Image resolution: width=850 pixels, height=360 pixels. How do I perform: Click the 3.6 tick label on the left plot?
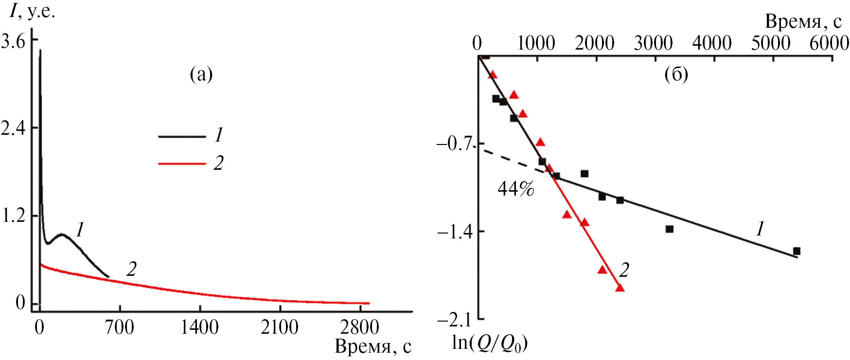pos(13,41)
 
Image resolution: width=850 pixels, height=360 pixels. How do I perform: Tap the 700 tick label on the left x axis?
pos(120,327)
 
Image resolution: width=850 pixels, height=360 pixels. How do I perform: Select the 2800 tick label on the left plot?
pos(360,327)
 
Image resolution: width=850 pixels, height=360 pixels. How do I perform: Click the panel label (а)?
pos(201,74)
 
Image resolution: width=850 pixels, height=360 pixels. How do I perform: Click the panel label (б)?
pos(676,74)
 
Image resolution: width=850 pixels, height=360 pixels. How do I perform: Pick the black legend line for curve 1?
pos(182,137)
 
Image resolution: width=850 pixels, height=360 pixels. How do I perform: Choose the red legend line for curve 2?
pos(182,164)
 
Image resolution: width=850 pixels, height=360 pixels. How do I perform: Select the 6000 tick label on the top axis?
pos(829,44)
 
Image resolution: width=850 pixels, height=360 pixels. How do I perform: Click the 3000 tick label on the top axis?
pos(653,44)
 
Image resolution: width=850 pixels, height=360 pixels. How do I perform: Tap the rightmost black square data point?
pos(797,251)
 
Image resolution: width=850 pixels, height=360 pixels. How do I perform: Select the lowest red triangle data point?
pos(620,288)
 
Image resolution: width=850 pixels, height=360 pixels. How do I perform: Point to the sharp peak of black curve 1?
pos(40,50)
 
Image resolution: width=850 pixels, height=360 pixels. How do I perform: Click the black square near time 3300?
pos(670,229)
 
